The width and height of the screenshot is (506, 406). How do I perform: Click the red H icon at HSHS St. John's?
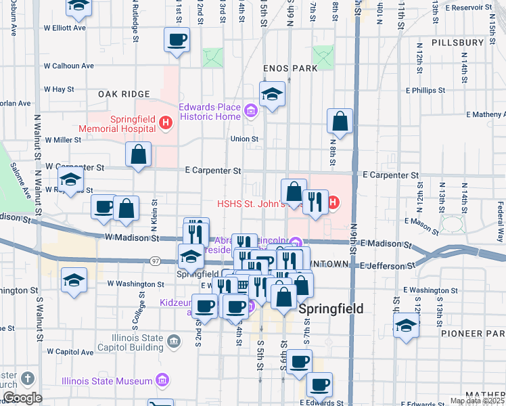[x=333, y=202]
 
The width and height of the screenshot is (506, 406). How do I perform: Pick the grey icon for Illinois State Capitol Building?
[x=175, y=342]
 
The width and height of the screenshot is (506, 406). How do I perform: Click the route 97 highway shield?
[x=154, y=261]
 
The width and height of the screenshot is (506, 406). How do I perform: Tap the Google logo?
[x=22, y=398]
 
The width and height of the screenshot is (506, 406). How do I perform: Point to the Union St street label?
[x=245, y=139]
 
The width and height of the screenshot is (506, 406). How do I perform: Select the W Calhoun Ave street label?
[x=68, y=66]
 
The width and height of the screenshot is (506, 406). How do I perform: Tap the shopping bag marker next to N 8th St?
[x=340, y=122]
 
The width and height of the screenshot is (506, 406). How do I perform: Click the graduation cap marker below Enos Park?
[x=272, y=95]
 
